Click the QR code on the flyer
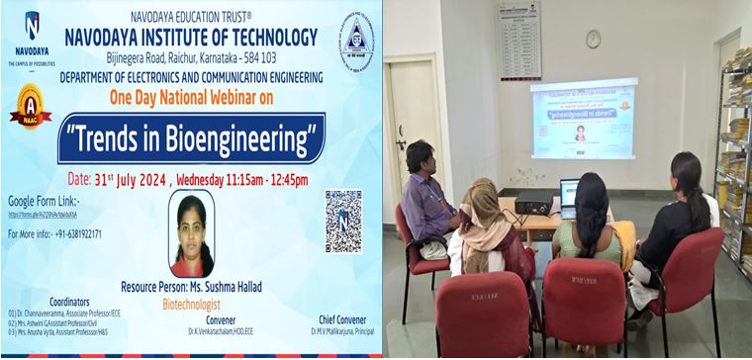[342, 221]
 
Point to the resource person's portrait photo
[192, 234]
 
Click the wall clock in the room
[593, 39]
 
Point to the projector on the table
[531, 202]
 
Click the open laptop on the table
[569, 196]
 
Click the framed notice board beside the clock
[519, 39]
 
